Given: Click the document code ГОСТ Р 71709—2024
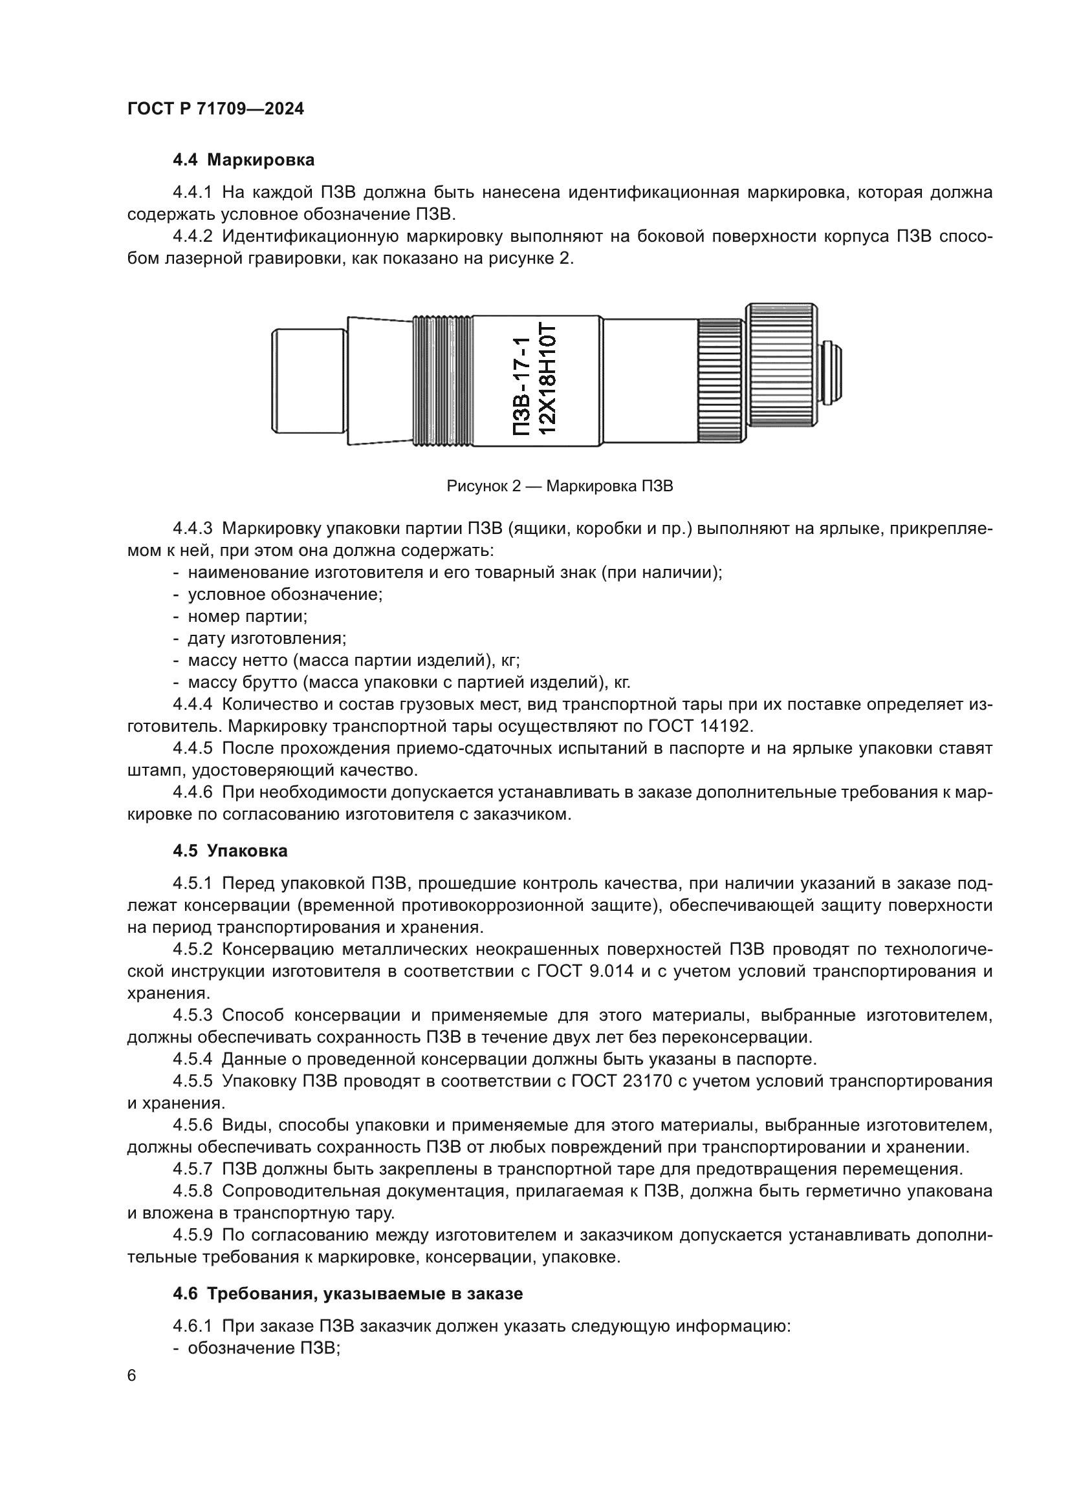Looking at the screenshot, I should point(215,109).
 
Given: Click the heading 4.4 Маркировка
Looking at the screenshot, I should point(243,160).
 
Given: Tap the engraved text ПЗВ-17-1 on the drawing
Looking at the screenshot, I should point(521,386).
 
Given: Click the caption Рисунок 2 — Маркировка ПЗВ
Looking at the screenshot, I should point(560,487).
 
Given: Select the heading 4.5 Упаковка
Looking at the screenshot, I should point(230,851).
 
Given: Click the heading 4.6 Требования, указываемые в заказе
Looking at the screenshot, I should point(347,1294).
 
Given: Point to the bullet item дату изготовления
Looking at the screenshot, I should point(267,638).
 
